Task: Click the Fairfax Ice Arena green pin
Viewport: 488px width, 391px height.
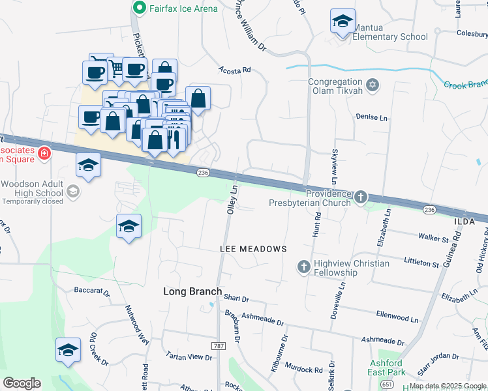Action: coord(139,8)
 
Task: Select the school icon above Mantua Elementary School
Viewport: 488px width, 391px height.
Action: coord(343,22)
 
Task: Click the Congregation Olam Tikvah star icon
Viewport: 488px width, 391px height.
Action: coord(373,85)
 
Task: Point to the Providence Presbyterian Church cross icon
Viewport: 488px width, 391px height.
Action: coord(360,197)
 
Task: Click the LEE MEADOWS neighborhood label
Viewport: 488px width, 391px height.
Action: coord(254,250)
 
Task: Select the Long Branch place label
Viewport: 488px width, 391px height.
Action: coord(192,292)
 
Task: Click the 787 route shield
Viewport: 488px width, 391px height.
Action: coord(218,345)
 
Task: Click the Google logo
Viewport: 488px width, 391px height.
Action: coord(22,383)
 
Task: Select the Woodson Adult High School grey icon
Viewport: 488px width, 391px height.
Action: coord(73,192)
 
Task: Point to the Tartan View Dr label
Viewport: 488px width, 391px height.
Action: coord(190,357)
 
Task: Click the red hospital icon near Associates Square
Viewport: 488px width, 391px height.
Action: coord(44,154)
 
